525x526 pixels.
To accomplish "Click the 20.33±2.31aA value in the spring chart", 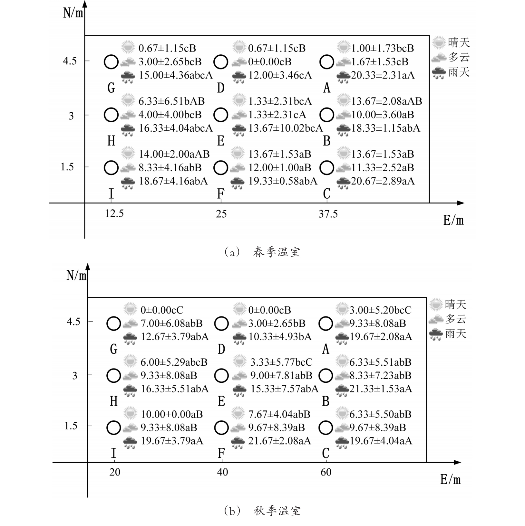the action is point(383,75).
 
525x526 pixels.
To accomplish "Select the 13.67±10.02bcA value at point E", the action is point(285,128).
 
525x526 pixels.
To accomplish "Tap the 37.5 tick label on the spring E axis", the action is point(328,214).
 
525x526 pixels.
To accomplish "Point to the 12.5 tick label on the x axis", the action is point(114,213).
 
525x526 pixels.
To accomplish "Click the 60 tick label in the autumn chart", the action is point(326,472).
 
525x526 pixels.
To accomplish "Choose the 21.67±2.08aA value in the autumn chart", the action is point(279,441).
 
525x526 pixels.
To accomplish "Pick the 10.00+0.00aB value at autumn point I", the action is point(172,414).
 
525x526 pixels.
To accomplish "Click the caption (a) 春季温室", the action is point(262,252).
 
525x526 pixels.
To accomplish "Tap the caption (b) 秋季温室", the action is point(262,511).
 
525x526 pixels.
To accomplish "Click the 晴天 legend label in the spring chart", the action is point(459,42).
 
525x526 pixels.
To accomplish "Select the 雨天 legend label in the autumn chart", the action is point(456,333).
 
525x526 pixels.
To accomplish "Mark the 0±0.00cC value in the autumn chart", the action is point(162,310).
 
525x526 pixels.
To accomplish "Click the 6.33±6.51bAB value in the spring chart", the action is point(171,101).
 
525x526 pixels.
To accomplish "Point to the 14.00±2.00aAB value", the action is point(174,154).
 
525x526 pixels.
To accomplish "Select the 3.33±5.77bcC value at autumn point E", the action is point(281,362).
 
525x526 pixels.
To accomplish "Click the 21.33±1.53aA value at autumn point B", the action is point(381,389).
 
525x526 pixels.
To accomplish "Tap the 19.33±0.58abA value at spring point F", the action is point(283,181).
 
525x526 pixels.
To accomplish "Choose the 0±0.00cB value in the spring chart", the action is point(270,61).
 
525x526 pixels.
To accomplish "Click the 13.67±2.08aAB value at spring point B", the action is point(386,101).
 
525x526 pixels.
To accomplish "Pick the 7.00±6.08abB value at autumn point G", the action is point(171,323).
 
